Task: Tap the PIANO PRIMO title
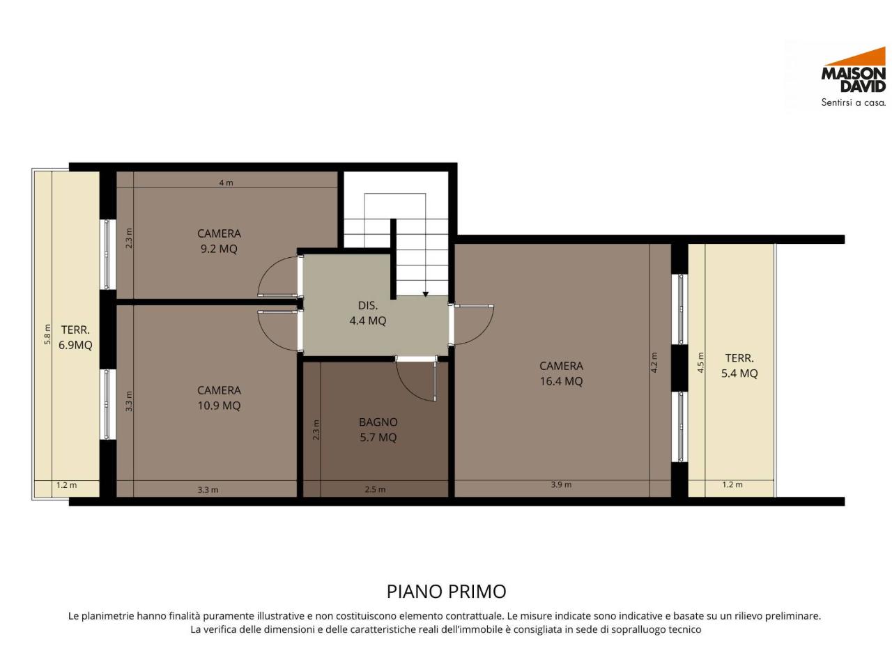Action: point(446,592)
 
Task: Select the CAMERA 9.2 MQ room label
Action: point(219,241)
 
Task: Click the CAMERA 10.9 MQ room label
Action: point(219,398)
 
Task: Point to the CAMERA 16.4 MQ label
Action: point(561,374)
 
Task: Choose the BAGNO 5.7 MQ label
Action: point(378,429)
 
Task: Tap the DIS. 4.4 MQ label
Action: point(368,313)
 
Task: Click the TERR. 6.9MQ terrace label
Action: point(75,337)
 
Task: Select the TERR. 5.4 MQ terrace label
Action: point(739,366)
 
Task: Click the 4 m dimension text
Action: point(226,183)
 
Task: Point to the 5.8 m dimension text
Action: point(47,334)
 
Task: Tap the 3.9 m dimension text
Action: point(561,484)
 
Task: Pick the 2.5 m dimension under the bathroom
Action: point(375,489)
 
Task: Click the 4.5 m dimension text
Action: point(700,362)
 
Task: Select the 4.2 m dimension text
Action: point(654,362)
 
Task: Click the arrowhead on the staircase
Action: point(425,294)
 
